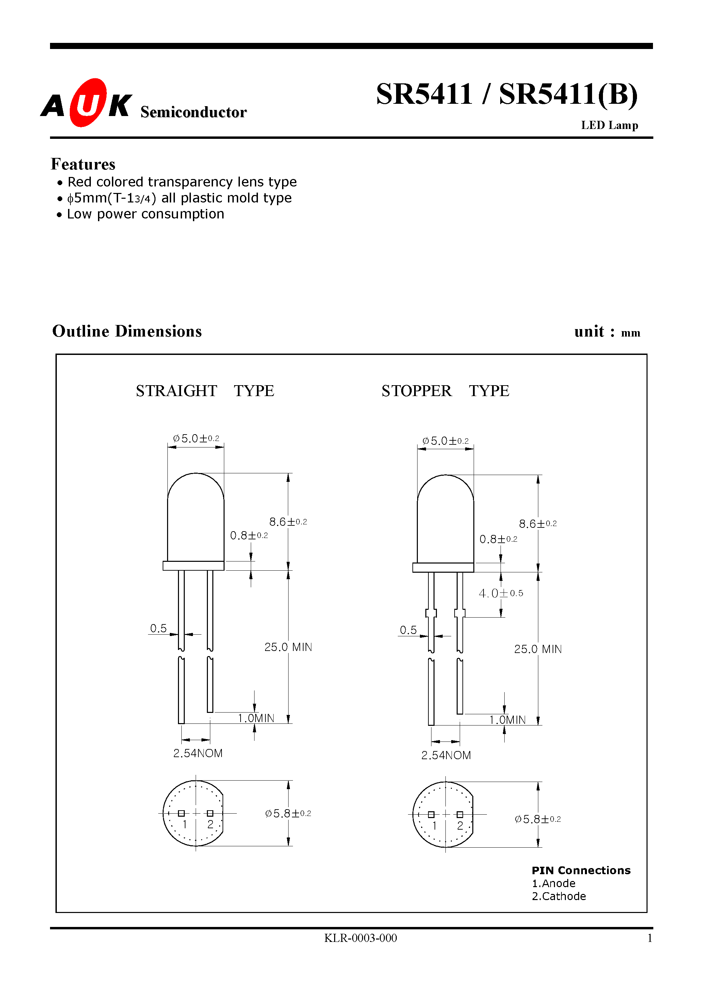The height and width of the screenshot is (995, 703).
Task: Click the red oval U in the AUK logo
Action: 88,103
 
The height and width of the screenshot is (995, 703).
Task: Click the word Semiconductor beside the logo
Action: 193,112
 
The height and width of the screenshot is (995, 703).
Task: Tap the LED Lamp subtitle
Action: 609,125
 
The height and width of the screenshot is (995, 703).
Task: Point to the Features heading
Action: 83,164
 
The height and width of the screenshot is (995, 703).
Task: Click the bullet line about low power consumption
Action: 145,214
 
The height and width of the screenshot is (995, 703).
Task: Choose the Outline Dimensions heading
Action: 127,331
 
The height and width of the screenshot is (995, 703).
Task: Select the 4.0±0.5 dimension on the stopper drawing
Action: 501,593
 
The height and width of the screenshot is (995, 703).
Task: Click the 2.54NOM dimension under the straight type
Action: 198,753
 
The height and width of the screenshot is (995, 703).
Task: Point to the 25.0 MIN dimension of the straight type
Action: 288,647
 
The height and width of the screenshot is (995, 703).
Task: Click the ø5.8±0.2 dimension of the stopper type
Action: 537,819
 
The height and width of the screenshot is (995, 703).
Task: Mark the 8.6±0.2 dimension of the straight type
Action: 288,522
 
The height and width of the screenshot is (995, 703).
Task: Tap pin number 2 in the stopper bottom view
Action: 460,826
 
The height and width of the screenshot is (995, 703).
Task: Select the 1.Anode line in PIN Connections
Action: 554,883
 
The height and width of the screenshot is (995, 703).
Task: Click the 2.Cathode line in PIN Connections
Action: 559,896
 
